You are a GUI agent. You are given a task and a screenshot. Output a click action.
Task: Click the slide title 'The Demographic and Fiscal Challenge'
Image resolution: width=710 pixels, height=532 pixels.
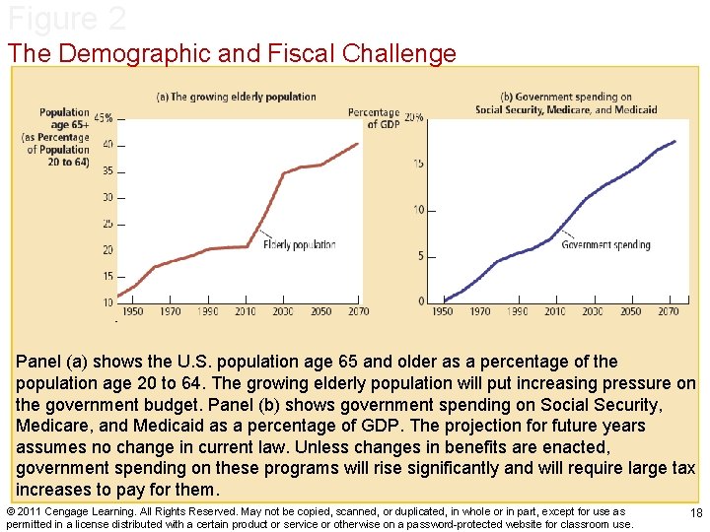click(232, 53)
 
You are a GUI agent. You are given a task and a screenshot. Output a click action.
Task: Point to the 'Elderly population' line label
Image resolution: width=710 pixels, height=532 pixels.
click(300, 244)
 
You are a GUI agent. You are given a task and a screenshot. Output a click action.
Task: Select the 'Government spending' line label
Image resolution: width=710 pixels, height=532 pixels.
click(605, 244)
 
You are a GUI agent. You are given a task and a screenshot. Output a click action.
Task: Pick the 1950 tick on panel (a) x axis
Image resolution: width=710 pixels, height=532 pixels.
click(132, 311)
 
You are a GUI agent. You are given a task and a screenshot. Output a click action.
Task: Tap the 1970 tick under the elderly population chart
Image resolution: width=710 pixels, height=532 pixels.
click(170, 311)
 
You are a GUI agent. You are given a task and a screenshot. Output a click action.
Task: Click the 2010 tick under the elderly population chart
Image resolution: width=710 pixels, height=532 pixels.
click(246, 311)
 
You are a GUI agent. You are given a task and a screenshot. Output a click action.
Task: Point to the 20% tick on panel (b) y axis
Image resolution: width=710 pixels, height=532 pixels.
click(414, 117)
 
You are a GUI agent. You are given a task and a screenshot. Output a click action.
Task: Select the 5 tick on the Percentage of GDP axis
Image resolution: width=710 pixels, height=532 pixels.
click(419, 256)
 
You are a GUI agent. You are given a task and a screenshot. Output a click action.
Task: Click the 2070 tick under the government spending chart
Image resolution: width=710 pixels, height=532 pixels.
click(668, 311)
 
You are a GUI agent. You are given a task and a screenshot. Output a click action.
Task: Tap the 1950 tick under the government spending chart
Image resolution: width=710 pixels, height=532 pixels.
click(442, 311)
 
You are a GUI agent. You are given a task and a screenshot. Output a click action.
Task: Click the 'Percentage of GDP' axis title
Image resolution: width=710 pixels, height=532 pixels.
click(374, 118)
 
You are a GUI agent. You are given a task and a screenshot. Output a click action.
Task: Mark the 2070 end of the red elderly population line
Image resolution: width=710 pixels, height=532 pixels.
click(358, 144)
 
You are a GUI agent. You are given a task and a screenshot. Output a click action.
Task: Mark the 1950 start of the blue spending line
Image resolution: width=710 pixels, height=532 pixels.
click(444, 300)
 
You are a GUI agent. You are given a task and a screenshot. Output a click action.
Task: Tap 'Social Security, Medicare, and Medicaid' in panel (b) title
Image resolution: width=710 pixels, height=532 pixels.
click(566, 109)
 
